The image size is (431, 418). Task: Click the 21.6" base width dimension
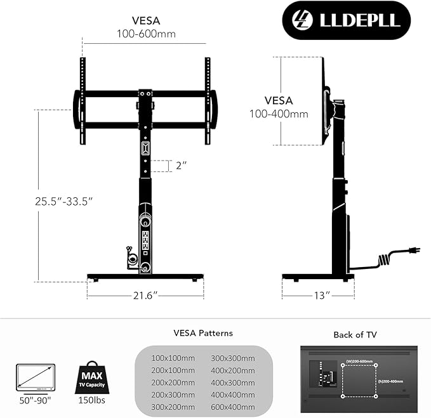click(x=145, y=296)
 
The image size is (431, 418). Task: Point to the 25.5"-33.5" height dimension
click(x=64, y=201)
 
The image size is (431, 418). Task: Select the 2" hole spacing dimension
click(x=182, y=166)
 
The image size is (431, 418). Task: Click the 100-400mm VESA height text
click(x=279, y=114)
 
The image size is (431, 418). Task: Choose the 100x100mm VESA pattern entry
click(x=173, y=358)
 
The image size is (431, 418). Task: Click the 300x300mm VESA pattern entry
click(x=232, y=358)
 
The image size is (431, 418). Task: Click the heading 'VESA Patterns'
click(x=203, y=333)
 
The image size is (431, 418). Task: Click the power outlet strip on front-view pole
click(x=145, y=241)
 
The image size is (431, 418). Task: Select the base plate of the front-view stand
click(x=145, y=277)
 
